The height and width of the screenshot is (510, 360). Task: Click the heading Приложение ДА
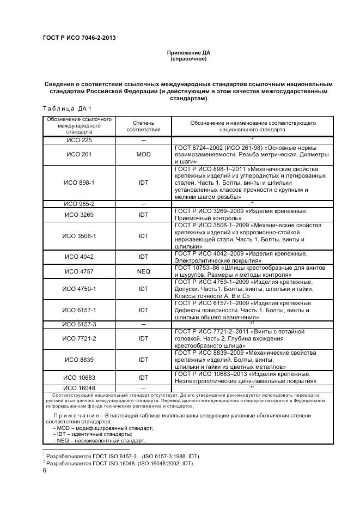coord(188,52)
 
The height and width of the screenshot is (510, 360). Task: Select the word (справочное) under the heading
coord(188,59)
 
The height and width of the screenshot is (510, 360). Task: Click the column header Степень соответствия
coord(143,127)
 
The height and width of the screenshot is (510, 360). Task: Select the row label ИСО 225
coord(80,141)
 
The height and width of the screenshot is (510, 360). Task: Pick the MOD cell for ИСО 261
coord(143,155)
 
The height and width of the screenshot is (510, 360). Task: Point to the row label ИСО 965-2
coord(80,204)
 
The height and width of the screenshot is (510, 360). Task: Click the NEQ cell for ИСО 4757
coord(143,271)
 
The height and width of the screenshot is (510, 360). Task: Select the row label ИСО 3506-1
coord(80,236)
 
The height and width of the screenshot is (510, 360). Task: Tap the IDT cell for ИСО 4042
coord(143,257)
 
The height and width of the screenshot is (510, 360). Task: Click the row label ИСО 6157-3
coord(80,324)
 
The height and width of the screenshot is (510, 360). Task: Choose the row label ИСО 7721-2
coord(80,338)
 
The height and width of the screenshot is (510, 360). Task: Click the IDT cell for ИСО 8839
coord(143,360)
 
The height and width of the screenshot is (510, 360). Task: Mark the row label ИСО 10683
coord(80,377)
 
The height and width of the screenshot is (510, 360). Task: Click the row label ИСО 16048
coord(80,388)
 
